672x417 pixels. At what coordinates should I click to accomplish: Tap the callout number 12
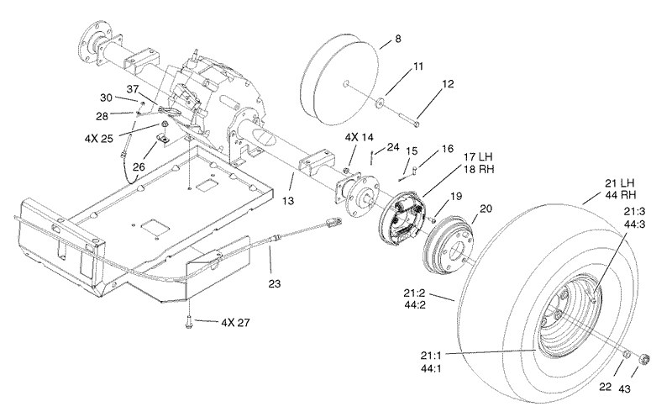point(447,85)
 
